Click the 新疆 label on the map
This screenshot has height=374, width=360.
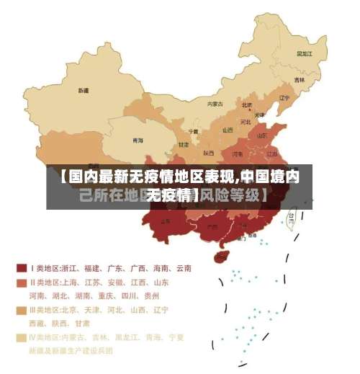point(84,91)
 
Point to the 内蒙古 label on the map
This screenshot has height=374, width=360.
point(215,104)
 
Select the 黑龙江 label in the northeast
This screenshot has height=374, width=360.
point(305,53)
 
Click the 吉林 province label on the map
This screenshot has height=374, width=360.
point(299,80)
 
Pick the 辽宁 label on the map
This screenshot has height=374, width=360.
point(284,98)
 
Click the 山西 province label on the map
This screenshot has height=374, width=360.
point(228,130)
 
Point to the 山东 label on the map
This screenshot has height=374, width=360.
point(262,135)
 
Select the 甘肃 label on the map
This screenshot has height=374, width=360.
point(184,145)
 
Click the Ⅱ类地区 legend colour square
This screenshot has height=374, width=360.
point(22,282)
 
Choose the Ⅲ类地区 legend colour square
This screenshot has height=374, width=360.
point(22,310)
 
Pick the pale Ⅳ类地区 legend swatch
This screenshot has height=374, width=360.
point(22,337)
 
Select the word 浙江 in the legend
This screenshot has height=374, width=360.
point(71,268)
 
